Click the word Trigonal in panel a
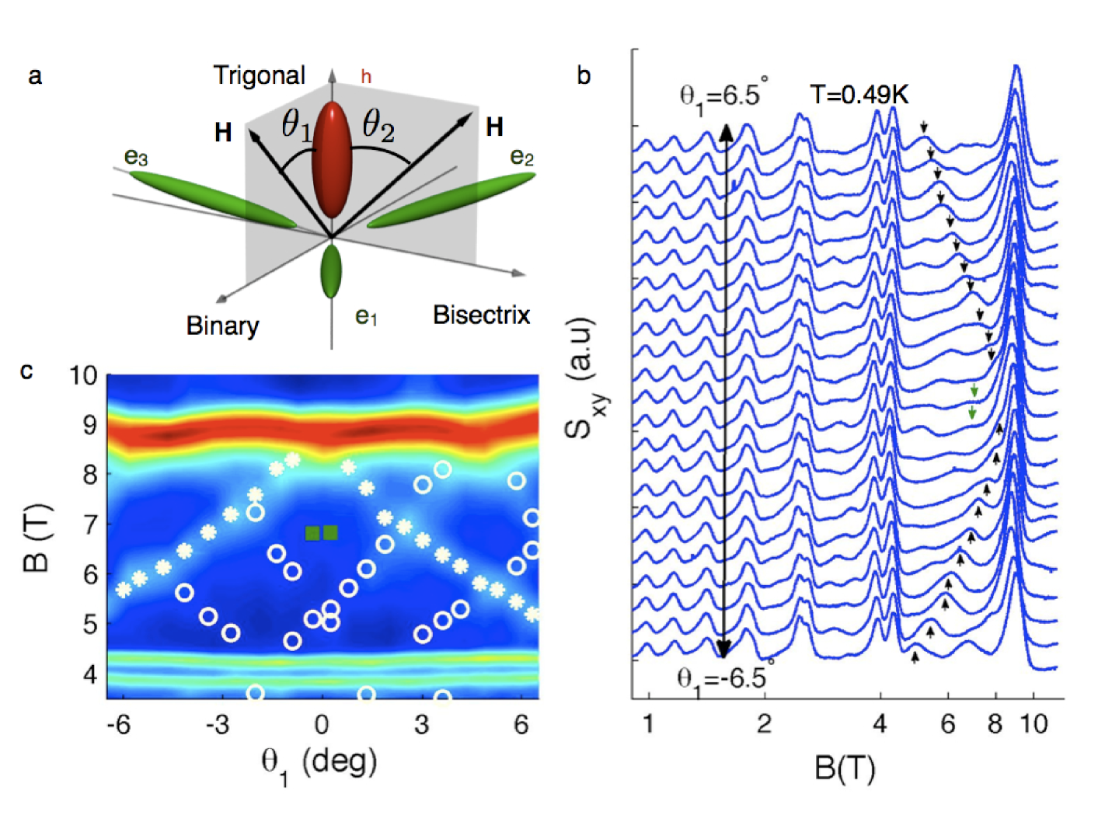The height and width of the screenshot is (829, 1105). [259, 75]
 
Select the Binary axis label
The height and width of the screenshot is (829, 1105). [222, 326]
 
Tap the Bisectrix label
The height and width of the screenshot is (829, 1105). [481, 315]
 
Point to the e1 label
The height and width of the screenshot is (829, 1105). [366, 316]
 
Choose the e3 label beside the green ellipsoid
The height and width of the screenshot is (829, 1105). [136, 158]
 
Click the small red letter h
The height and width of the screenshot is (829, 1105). [366, 77]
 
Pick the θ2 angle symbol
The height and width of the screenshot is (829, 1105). [378, 125]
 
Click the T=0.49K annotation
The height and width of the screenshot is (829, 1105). [859, 95]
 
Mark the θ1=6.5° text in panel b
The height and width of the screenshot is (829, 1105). [723, 97]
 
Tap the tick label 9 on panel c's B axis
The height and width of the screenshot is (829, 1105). [90, 425]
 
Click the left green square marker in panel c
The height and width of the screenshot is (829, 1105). [312, 532]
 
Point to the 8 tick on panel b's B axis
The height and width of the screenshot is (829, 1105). [995, 724]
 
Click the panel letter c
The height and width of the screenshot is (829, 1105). [27, 371]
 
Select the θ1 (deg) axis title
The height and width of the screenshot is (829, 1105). [319, 763]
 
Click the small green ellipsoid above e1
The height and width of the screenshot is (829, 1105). [331, 271]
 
